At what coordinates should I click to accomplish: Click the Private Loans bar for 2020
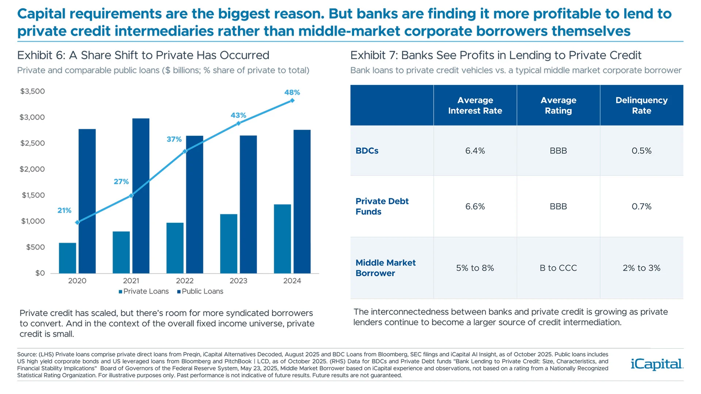(68, 258)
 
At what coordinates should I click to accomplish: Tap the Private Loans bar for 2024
(282, 239)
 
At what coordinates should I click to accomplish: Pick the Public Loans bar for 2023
(248, 204)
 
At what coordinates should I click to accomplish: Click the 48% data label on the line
(292, 92)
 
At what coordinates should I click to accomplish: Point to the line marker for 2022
(185, 151)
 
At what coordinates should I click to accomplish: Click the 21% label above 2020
(64, 210)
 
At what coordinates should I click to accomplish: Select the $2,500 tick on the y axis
(32, 143)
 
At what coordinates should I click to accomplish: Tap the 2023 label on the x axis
(238, 281)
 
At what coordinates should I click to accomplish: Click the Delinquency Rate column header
(641, 105)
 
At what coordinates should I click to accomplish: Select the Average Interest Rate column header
(475, 105)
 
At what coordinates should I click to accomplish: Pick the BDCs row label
(367, 151)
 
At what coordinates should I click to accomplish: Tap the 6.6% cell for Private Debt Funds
(475, 206)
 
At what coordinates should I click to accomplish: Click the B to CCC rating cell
(558, 268)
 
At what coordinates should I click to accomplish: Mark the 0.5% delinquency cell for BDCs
(641, 151)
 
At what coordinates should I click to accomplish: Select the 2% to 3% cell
(641, 268)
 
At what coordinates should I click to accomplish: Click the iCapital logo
(656, 364)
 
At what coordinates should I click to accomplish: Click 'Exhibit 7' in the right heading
(374, 55)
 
